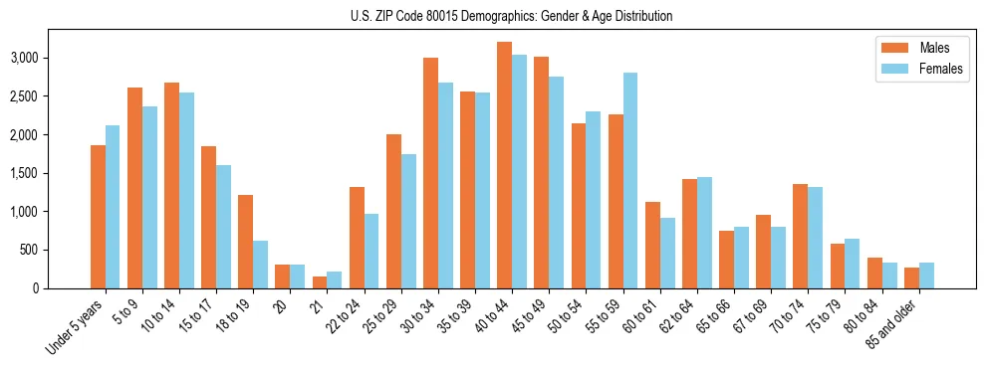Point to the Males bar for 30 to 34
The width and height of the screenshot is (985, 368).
click(430, 173)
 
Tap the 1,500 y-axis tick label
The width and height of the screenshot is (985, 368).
click(50, 174)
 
